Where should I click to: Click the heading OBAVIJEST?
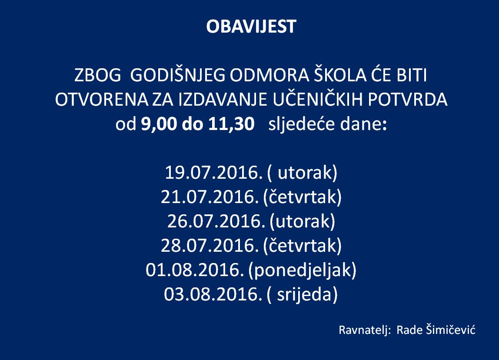(x=251, y=27)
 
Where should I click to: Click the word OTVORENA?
(x=102, y=100)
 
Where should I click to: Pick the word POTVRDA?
(x=408, y=100)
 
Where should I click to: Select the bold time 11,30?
(x=231, y=124)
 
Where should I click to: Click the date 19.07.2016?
(x=214, y=173)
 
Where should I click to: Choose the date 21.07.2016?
(x=210, y=197)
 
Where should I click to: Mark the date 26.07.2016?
(x=216, y=221)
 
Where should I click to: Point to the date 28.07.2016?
(x=210, y=245)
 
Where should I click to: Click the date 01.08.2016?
(x=195, y=270)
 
